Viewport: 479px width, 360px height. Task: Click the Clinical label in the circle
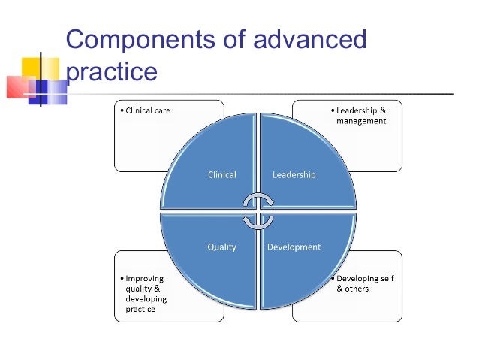point(221,175)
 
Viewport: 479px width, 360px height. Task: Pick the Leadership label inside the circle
point(294,175)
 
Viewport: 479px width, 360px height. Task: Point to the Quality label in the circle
point(221,247)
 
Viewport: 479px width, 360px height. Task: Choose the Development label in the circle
point(294,247)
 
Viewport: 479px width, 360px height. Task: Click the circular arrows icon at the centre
point(258,211)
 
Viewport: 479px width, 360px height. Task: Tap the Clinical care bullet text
point(146,111)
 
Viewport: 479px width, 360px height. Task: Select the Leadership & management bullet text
point(360,116)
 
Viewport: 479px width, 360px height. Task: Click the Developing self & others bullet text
point(363,283)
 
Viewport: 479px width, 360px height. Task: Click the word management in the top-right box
point(361,121)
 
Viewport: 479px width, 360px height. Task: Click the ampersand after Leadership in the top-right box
point(381,111)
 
